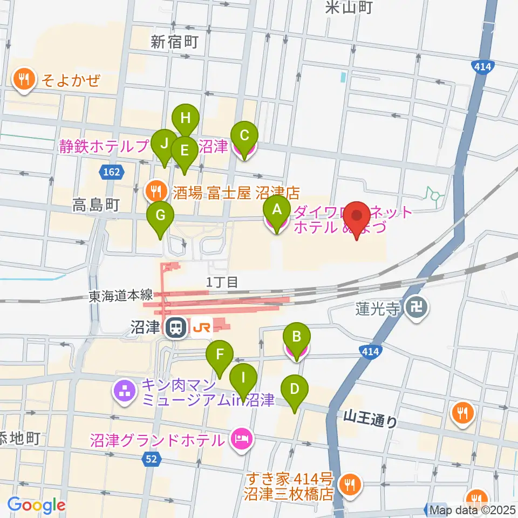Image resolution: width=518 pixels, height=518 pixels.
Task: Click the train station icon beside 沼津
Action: point(175,328)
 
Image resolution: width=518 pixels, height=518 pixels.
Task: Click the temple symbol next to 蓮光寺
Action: point(418,310)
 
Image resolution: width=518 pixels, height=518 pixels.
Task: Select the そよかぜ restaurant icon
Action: point(23,80)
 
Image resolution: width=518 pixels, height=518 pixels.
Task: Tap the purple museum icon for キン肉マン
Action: point(125,392)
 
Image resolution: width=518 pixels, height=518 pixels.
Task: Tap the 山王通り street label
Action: point(370,419)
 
